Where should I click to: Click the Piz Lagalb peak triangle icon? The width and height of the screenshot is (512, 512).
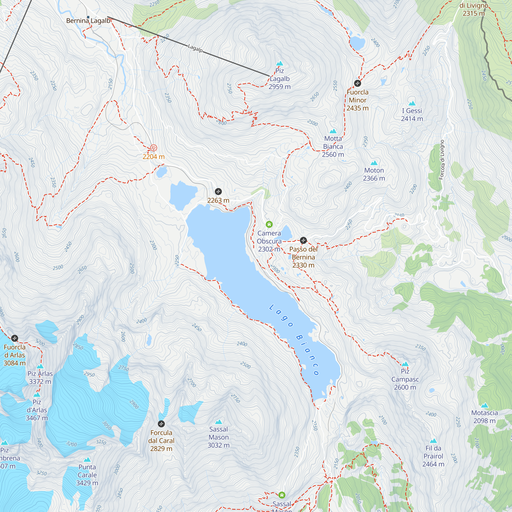tap(280, 63)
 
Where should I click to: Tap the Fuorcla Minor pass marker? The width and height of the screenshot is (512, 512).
tap(357, 83)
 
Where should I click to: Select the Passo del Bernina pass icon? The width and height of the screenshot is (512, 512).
tap(303, 240)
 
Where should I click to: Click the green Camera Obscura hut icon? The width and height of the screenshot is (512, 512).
tap(269, 225)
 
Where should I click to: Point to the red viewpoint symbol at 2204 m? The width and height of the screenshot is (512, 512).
tap(153, 148)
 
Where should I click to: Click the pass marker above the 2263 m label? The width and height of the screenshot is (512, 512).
tap(218, 191)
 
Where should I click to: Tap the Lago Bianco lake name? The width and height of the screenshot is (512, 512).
tap(294, 340)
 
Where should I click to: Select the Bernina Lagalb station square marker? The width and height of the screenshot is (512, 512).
tap(88, 17)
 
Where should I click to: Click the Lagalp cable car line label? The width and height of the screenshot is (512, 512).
tap(195, 48)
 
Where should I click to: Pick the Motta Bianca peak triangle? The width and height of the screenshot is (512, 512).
tap(333, 131)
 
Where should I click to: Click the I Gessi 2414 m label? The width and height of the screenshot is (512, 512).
tap(412, 115)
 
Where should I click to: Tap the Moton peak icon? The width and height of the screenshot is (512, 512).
tap(374, 163)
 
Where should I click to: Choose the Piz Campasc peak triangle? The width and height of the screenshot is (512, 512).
tap(405, 364)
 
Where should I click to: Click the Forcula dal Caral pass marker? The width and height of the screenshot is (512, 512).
tap(161, 424)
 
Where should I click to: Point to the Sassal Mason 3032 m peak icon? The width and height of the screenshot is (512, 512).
tap(218, 422)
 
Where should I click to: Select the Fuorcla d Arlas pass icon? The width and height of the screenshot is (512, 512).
tap(15, 338)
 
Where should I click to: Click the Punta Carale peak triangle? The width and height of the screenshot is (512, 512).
tap(87, 460)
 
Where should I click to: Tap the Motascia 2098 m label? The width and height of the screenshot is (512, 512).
tap(484, 417)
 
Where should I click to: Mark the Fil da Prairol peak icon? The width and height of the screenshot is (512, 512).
tap(433, 441)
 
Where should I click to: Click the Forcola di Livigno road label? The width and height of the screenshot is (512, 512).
tap(441, 159)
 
